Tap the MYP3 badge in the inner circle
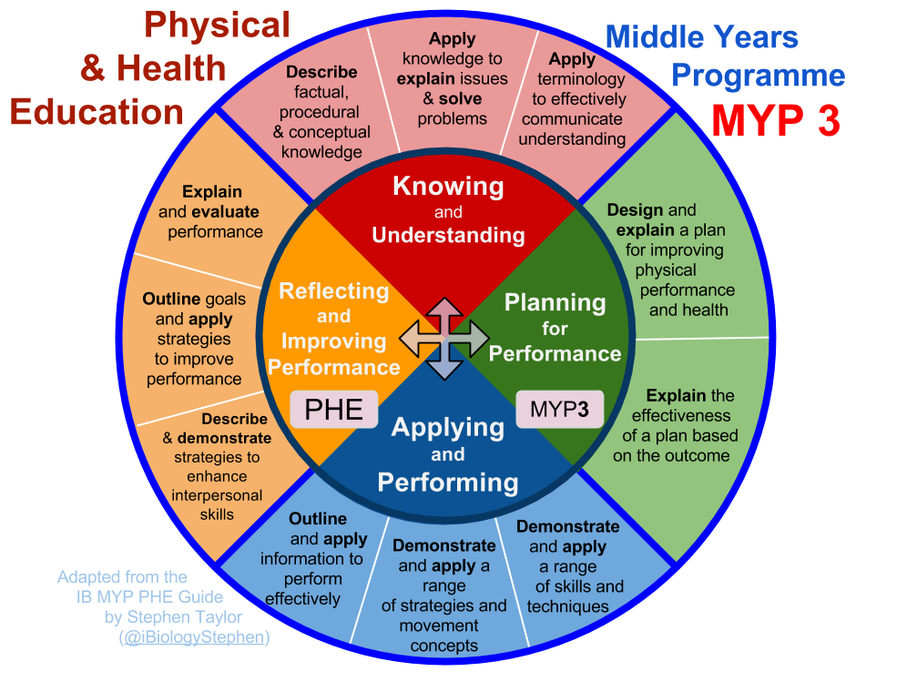[x=559, y=409]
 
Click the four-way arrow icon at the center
[x=443, y=338]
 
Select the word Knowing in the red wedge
[x=448, y=187]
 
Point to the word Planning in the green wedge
[x=555, y=302]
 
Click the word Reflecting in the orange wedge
[x=333, y=291]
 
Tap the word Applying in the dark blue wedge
[x=447, y=427]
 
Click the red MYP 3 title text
[x=775, y=120]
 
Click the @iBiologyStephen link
[x=194, y=637]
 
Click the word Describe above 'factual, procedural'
[x=321, y=72]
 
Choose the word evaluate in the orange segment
[x=225, y=212]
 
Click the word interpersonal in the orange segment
[x=217, y=496]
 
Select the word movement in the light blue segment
[x=439, y=626]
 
